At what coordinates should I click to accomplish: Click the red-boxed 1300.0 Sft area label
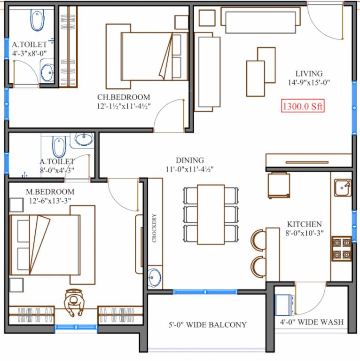(303, 106)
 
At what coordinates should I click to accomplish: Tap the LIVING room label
(309, 73)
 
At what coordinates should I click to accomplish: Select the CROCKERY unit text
(154, 229)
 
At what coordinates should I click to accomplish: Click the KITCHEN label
(305, 224)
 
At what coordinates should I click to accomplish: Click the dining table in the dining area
(211, 214)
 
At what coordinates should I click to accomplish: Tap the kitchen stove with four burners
(341, 249)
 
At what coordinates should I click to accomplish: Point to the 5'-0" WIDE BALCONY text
(207, 325)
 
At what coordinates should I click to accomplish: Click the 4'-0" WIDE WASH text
(312, 322)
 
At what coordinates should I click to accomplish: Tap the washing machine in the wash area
(285, 304)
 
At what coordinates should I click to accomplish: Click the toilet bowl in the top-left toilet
(37, 20)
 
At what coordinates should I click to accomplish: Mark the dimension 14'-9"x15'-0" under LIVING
(309, 82)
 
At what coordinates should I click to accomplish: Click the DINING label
(190, 160)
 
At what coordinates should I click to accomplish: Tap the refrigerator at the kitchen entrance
(278, 186)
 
